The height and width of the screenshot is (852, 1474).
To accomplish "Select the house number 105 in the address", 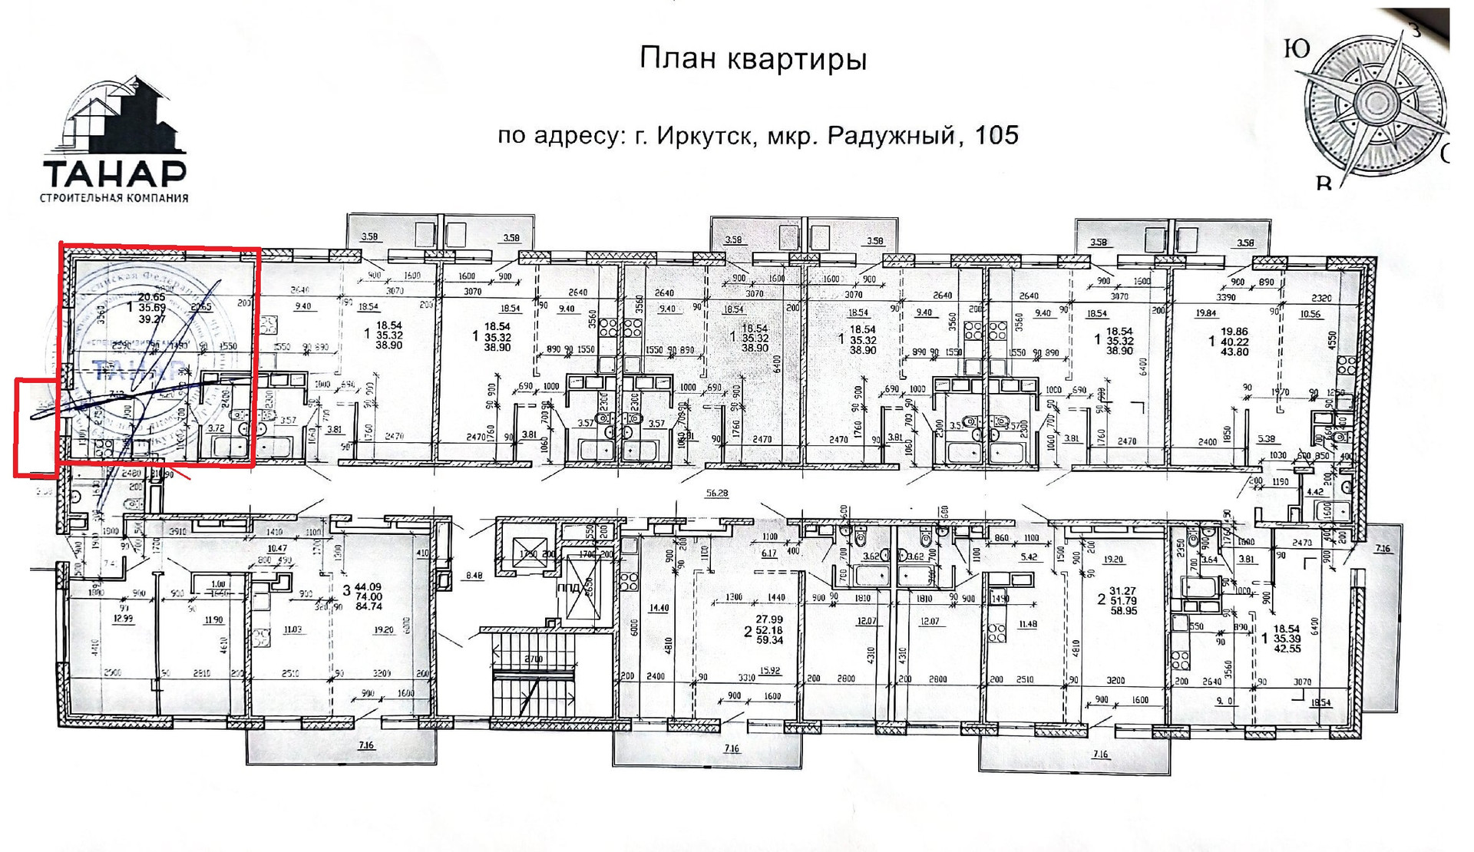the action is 996,135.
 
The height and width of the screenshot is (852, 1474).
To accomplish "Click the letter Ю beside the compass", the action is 1297,49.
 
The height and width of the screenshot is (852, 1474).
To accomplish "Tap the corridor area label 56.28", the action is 717,493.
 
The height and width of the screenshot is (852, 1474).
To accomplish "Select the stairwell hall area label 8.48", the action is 474,575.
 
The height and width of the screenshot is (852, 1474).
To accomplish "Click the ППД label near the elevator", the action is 569,588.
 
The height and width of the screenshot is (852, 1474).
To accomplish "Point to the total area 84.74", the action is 368,606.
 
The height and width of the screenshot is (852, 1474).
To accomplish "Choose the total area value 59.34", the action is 768,640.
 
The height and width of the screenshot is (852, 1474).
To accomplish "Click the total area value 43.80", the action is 1234,352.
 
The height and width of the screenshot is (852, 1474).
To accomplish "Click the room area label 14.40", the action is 659,609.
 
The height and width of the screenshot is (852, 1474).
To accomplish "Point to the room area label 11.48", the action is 1027,624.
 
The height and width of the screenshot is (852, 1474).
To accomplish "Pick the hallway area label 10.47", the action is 277,549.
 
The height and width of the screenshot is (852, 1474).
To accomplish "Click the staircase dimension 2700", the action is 533,659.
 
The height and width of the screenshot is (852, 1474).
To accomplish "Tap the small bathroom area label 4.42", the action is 1314,492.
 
